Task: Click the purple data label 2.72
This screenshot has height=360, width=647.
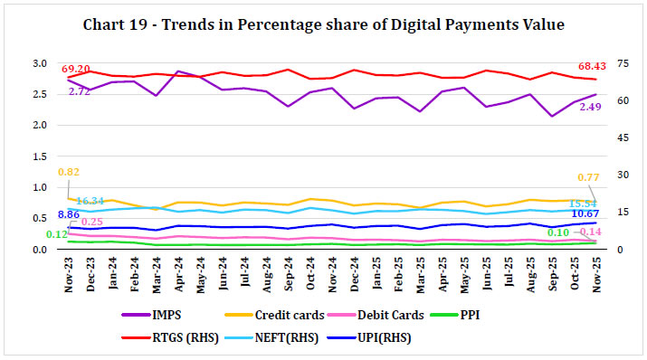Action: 79,92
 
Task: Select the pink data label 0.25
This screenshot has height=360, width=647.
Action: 91,222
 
